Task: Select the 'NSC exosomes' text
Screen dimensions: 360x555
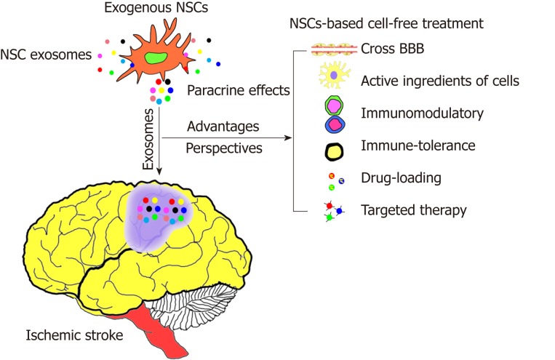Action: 41,54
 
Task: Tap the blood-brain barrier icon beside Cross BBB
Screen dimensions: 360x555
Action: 334,49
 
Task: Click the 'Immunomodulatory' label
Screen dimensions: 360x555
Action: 410,113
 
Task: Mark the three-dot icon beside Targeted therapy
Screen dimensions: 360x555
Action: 334,212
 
